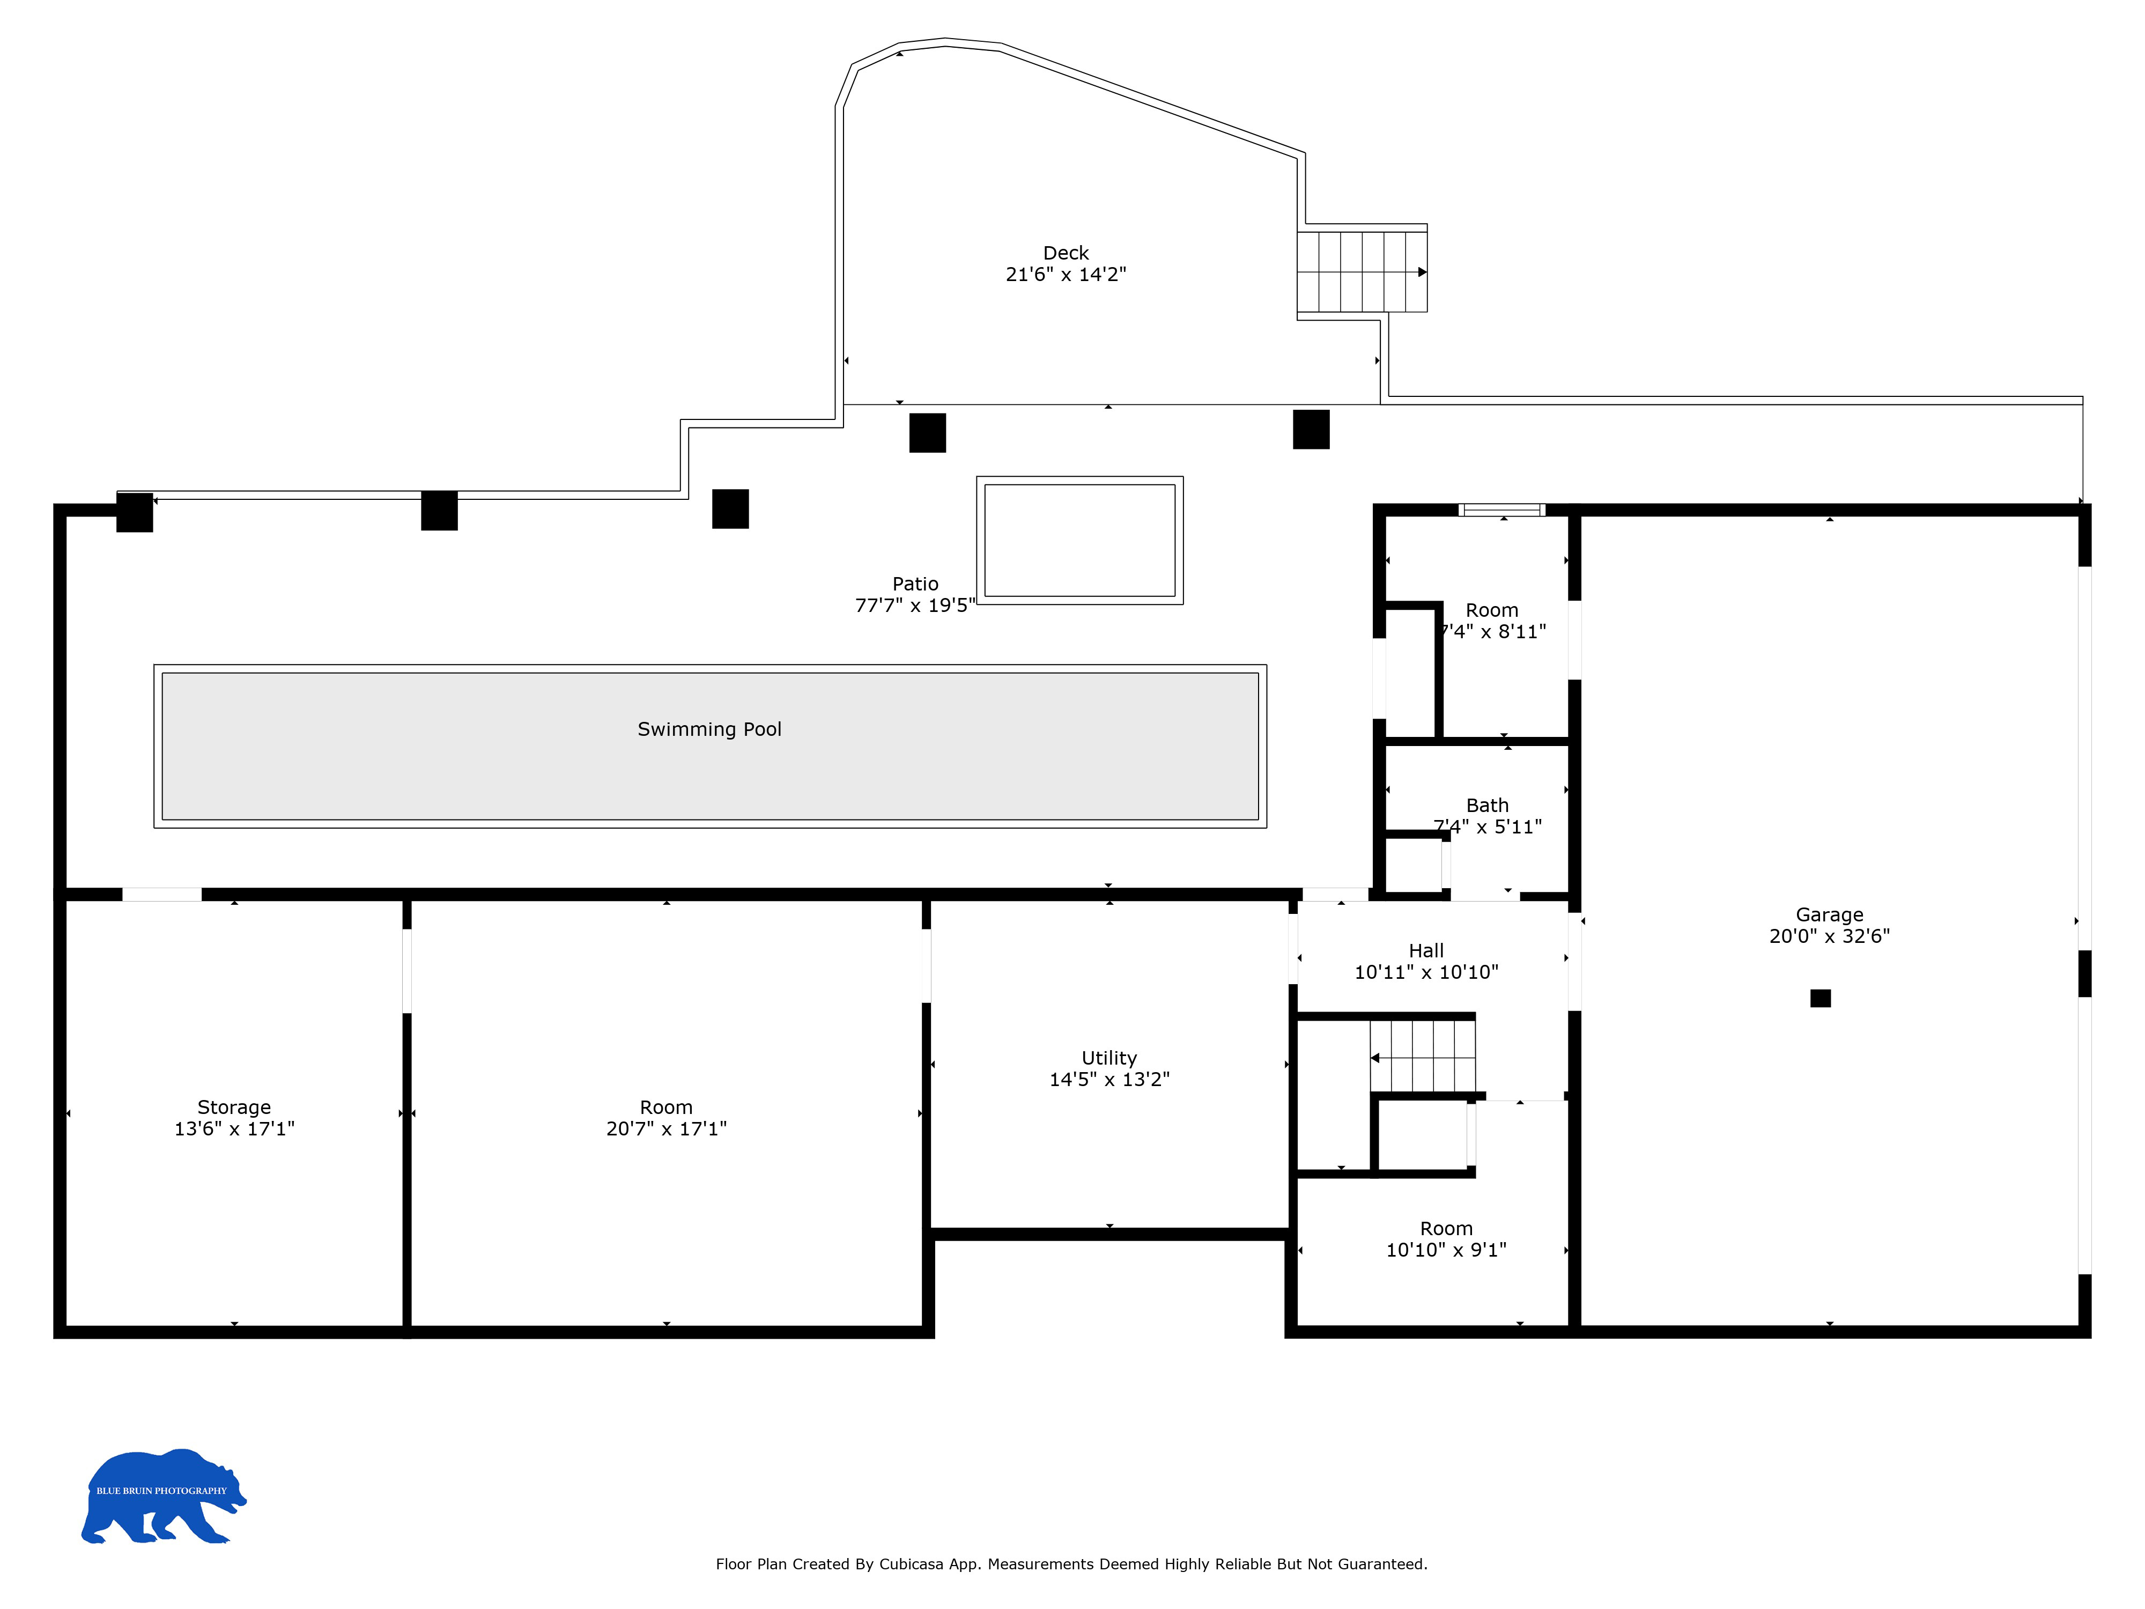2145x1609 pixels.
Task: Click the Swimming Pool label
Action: click(x=709, y=729)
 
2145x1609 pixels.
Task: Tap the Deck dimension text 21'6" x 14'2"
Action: click(x=1066, y=275)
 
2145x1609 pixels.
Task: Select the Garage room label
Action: click(x=1829, y=914)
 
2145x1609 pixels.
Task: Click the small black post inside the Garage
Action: click(x=1820, y=998)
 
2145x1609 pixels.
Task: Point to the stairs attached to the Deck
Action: click(x=1363, y=271)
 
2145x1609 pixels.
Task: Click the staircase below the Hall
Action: click(x=1423, y=1057)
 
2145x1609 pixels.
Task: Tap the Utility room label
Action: click(x=1110, y=1058)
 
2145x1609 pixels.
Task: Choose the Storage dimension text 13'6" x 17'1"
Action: click(x=234, y=1129)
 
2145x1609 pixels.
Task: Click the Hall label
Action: click(x=1425, y=950)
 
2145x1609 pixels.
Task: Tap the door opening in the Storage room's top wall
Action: click(x=162, y=894)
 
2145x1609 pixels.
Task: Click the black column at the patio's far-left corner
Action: click(x=135, y=512)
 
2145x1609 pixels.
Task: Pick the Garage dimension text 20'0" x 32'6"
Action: click(x=1829, y=936)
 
